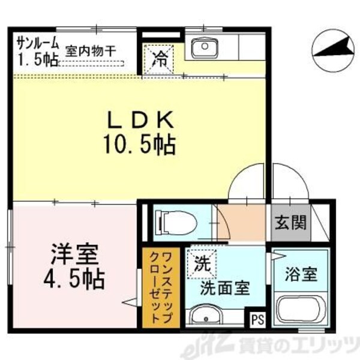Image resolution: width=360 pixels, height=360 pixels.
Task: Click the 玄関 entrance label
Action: tap(291, 223)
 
